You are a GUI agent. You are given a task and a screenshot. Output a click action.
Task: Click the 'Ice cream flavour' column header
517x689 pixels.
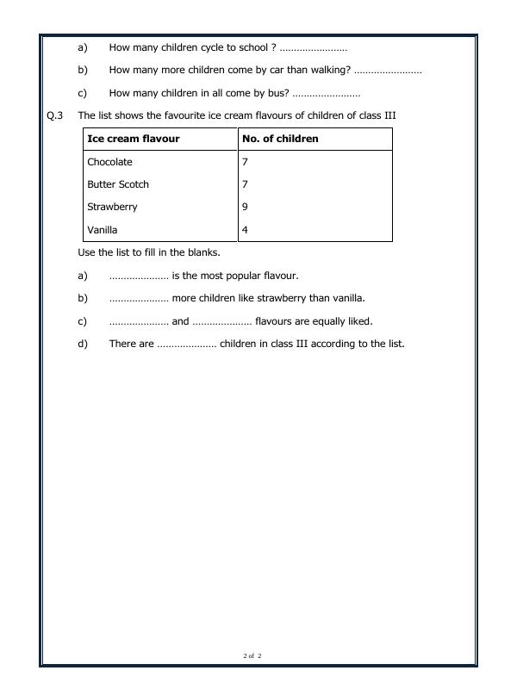[134, 139]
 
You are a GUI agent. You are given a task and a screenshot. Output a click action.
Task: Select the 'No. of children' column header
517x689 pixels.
[280, 139]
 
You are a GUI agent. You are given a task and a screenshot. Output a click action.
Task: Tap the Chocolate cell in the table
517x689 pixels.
[109, 162]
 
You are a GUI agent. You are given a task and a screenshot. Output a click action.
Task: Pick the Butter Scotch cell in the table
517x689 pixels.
[118, 184]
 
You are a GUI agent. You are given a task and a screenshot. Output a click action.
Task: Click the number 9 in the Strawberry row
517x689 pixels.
[246, 207]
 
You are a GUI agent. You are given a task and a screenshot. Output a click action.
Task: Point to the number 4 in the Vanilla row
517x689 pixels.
[246, 230]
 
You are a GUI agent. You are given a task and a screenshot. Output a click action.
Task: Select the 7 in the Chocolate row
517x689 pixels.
[246, 162]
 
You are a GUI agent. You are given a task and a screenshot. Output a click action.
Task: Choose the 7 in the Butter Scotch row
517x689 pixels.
[246, 184]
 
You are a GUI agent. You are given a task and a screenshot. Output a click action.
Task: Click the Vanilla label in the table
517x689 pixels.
[103, 230]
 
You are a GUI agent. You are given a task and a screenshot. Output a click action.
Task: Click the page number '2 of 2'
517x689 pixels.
[252, 656]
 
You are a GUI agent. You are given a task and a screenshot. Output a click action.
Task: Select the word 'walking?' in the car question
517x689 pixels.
[329, 71]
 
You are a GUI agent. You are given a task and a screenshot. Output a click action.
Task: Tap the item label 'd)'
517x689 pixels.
[83, 344]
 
